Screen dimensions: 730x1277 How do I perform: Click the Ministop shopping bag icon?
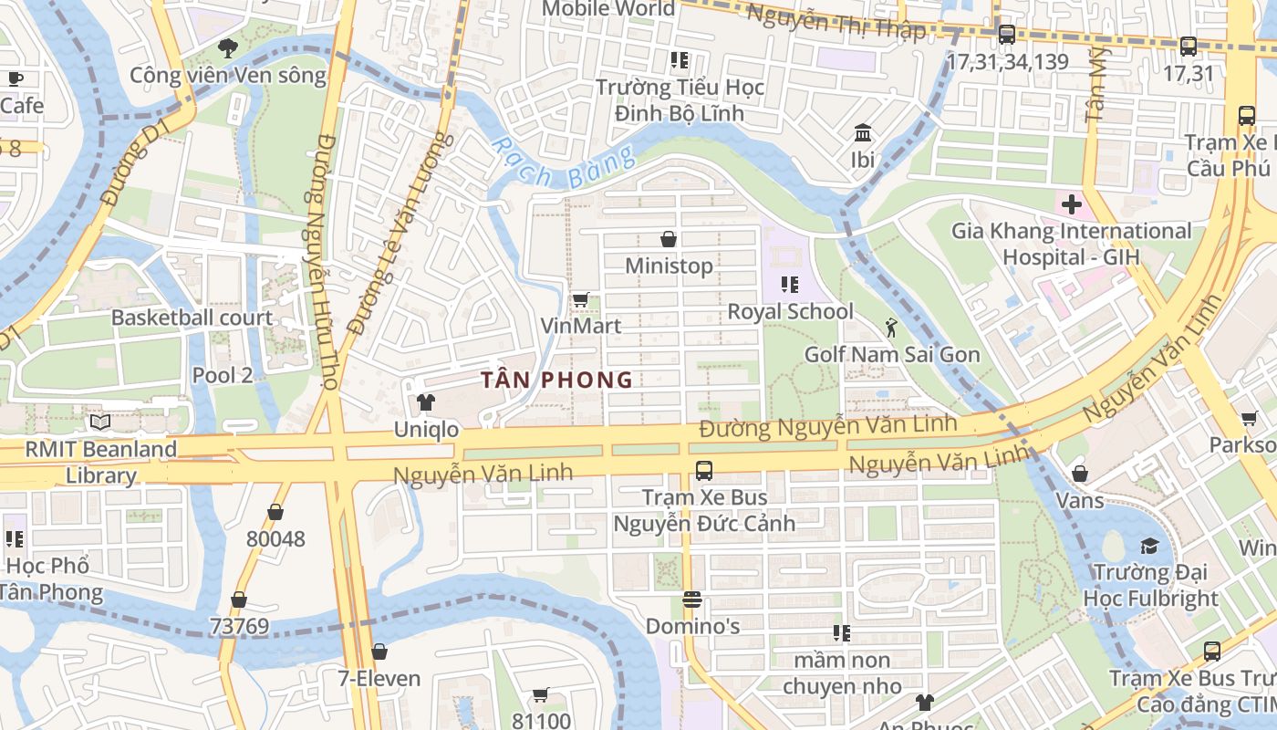[x=669, y=239]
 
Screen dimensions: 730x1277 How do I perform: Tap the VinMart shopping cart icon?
[x=580, y=299]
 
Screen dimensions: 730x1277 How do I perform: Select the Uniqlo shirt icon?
[x=425, y=402]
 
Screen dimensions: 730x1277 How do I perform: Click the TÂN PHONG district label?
[x=556, y=380]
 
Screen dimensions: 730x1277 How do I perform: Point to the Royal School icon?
[x=790, y=285]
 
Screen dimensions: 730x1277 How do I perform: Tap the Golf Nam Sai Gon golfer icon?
[x=891, y=328]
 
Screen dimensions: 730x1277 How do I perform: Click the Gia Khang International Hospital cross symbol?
[x=1071, y=203]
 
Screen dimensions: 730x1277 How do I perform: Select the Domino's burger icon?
[x=692, y=600]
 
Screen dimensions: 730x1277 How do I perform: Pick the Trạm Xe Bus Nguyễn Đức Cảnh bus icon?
[x=703, y=471]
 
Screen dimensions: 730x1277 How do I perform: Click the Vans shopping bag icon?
[x=1080, y=474]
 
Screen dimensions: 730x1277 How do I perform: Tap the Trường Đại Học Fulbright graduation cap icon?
[x=1148, y=546]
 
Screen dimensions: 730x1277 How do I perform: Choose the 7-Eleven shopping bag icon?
[x=379, y=652]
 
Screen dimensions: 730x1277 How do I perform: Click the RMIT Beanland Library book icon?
[x=100, y=422]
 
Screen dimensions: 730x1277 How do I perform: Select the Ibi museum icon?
[x=862, y=133]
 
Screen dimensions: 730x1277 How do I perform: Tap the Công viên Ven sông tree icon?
[x=228, y=47]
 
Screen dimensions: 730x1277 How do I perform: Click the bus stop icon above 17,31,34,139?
[x=1007, y=35]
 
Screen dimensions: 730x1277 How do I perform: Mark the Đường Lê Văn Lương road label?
[x=400, y=233]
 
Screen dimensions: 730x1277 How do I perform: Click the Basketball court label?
[x=192, y=318]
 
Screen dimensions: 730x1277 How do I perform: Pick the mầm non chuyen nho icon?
[x=841, y=632]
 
